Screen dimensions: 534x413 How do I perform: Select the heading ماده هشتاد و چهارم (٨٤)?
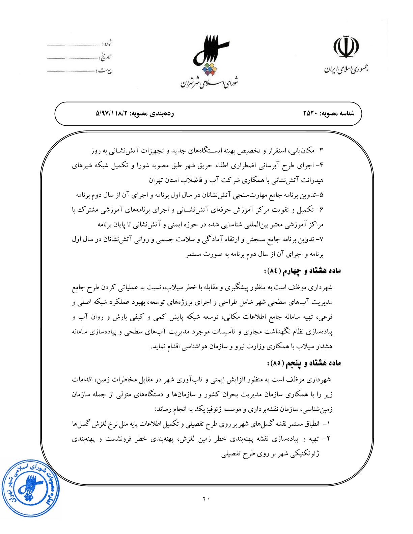[x=302, y=270]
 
